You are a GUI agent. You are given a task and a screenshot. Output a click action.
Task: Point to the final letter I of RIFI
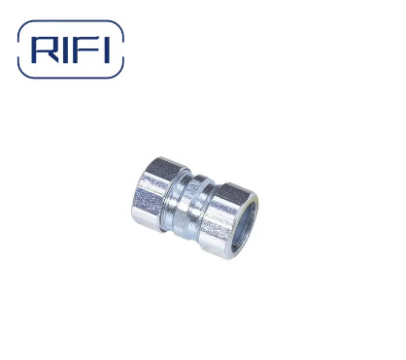click(109, 50)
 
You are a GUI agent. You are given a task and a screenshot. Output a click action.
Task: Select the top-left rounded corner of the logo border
click(26, 26)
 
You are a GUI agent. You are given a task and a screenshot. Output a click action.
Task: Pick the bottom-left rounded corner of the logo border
click(26, 75)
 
